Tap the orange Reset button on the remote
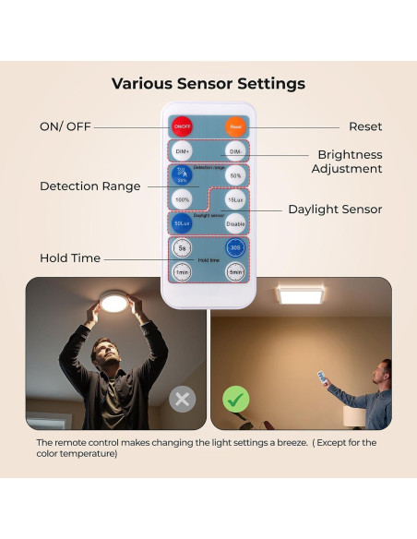pos(235,126)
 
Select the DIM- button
pos(235,150)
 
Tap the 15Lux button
pos(235,198)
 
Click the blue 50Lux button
pos(182,222)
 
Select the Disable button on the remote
pos(235,222)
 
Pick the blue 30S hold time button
pos(235,247)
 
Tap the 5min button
pos(235,271)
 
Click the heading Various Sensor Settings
pos(208,84)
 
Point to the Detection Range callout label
pos(90,186)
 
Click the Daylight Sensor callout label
pos(335,210)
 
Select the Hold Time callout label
pos(70,258)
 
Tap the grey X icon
pos(183,400)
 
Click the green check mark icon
pos(236,400)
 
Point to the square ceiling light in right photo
pos(300,296)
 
